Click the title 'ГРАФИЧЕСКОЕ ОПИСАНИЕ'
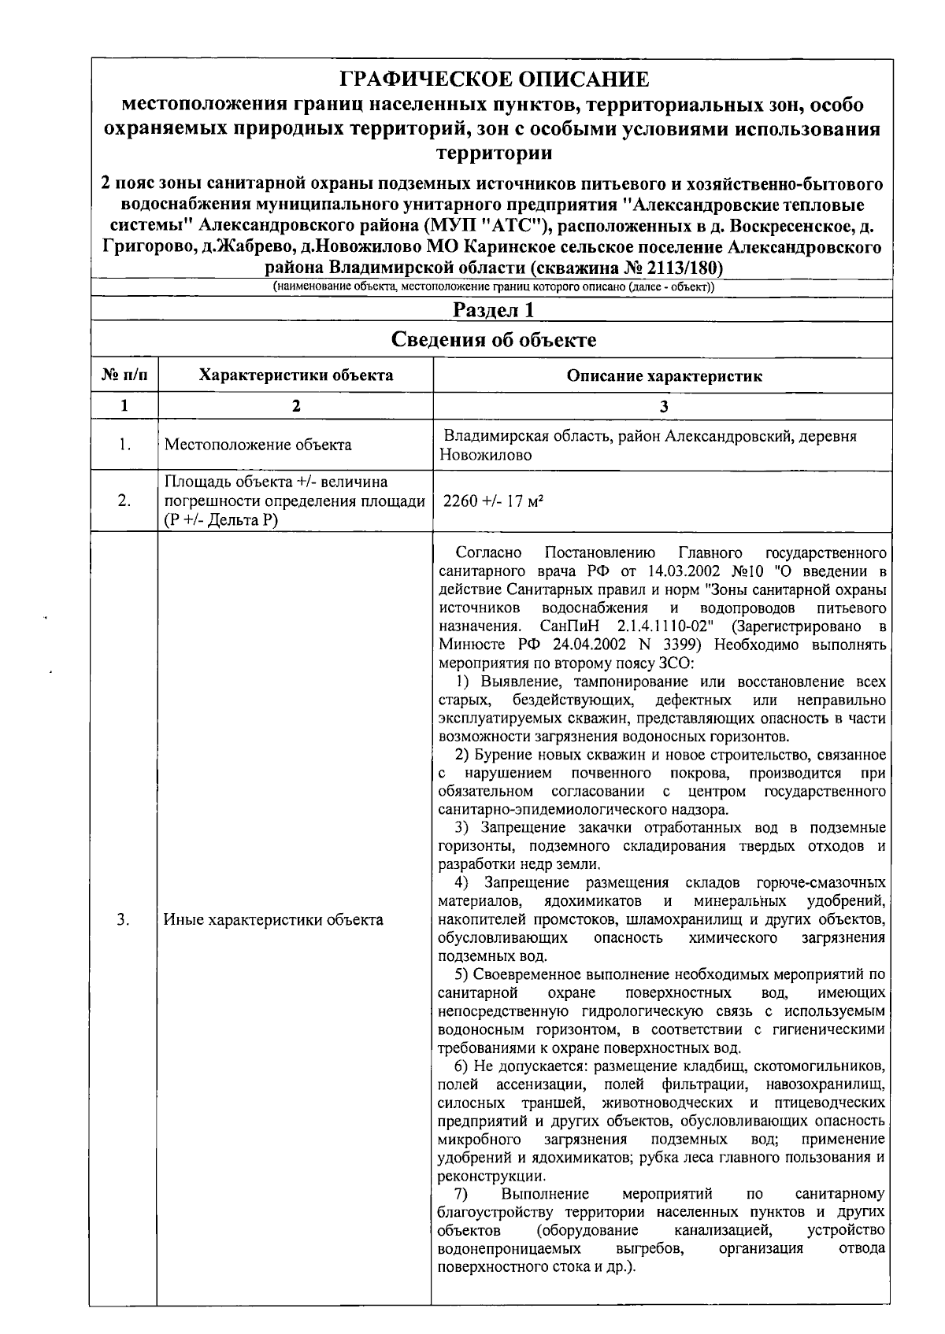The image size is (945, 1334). pos(494,79)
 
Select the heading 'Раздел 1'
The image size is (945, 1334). pos(494,310)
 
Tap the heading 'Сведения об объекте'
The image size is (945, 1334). pos(494,340)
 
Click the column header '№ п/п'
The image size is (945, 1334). pos(124,375)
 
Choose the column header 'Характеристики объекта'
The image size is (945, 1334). pos(295,375)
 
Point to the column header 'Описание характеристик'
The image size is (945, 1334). pos(664,376)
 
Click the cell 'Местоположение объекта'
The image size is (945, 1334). pos(258,445)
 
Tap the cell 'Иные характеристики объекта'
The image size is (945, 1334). pos(273,919)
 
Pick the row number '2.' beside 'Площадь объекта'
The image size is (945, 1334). pos(124,501)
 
